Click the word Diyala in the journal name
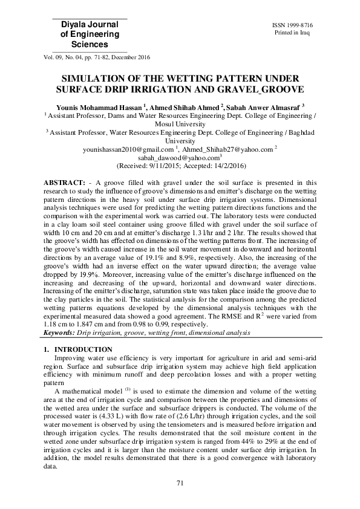tap(68, 24)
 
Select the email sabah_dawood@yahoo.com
tap(178, 157)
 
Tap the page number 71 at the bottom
tap(180, 481)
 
